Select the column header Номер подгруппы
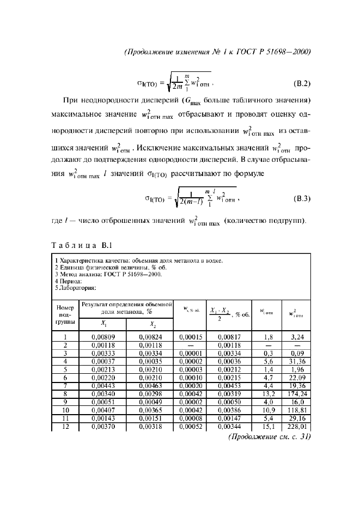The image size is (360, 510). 65,315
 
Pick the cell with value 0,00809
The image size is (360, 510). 102,337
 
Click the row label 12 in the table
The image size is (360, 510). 65,427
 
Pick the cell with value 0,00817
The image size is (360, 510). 229,337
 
